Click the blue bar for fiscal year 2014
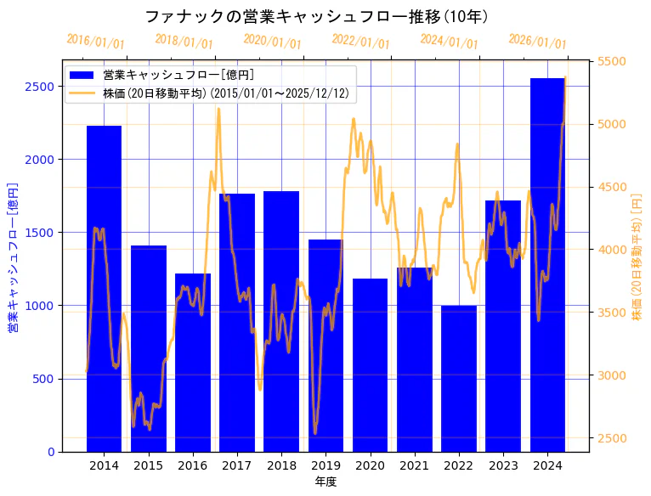(104, 289)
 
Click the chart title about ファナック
(316, 16)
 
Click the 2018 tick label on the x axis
(281, 465)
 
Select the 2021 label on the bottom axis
(414, 465)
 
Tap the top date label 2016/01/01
(95, 42)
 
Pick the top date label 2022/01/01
(360, 42)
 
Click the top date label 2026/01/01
(537, 42)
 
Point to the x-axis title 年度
(325, 482)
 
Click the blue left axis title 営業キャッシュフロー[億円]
(13, 256)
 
